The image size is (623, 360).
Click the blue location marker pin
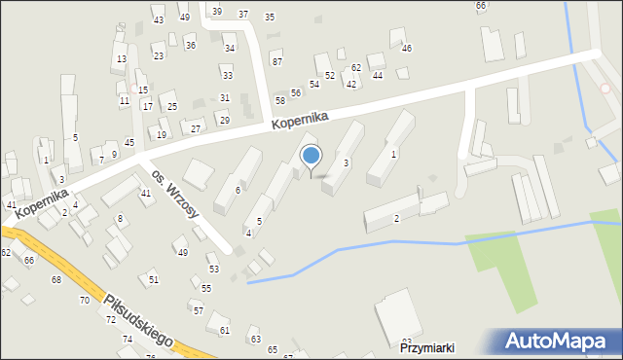(x=311, y=157)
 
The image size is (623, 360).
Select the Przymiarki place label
(x=427, y=347)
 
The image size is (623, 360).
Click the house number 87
(x=276, y=61)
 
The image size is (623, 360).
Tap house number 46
(x=406, y=48)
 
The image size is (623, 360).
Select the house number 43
(x=158, y=20)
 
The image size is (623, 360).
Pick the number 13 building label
(x=121, y=59)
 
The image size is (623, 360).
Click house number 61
(x=225, y=330)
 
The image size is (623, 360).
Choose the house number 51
(x=154, y=279)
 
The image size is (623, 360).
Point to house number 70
(x=84, y=301)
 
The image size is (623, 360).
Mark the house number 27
(x=196, y=128)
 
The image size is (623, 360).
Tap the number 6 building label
(x=238, y=190)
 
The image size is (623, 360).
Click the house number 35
(x=270, y=17)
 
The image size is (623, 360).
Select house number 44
(x=377, y=75)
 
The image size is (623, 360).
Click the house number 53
(x=213, y=269)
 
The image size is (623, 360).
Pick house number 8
(x=120, y=219)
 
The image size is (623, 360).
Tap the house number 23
(x=158, y=56)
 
